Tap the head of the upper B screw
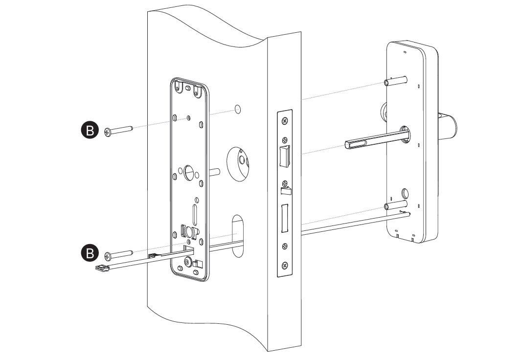point(108,132)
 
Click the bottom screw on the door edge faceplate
point(285,267)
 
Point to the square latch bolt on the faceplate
point(285,155)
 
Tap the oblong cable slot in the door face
point(238,235)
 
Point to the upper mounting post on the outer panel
point(395,80)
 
